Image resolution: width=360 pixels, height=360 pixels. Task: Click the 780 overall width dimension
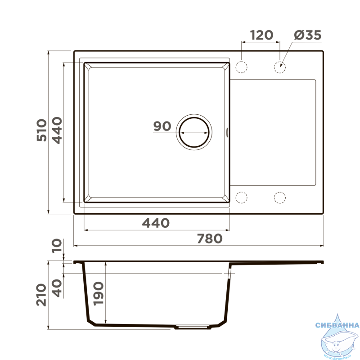point(210,239)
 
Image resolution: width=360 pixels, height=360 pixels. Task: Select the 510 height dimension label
point(42,130)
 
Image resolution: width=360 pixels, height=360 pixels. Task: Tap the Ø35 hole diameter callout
point(308,35)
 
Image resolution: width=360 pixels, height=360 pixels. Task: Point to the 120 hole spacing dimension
point(261,35)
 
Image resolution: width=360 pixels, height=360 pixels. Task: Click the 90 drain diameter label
point(162,126)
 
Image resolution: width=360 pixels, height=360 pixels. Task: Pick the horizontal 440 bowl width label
point(156,223)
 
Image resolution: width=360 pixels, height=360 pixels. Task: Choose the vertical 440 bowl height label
point(57,130)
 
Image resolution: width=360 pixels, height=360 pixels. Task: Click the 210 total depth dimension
point(41,295)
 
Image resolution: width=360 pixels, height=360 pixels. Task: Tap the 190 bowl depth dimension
point(99,293)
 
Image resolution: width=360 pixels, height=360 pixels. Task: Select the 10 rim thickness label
point(57,246)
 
